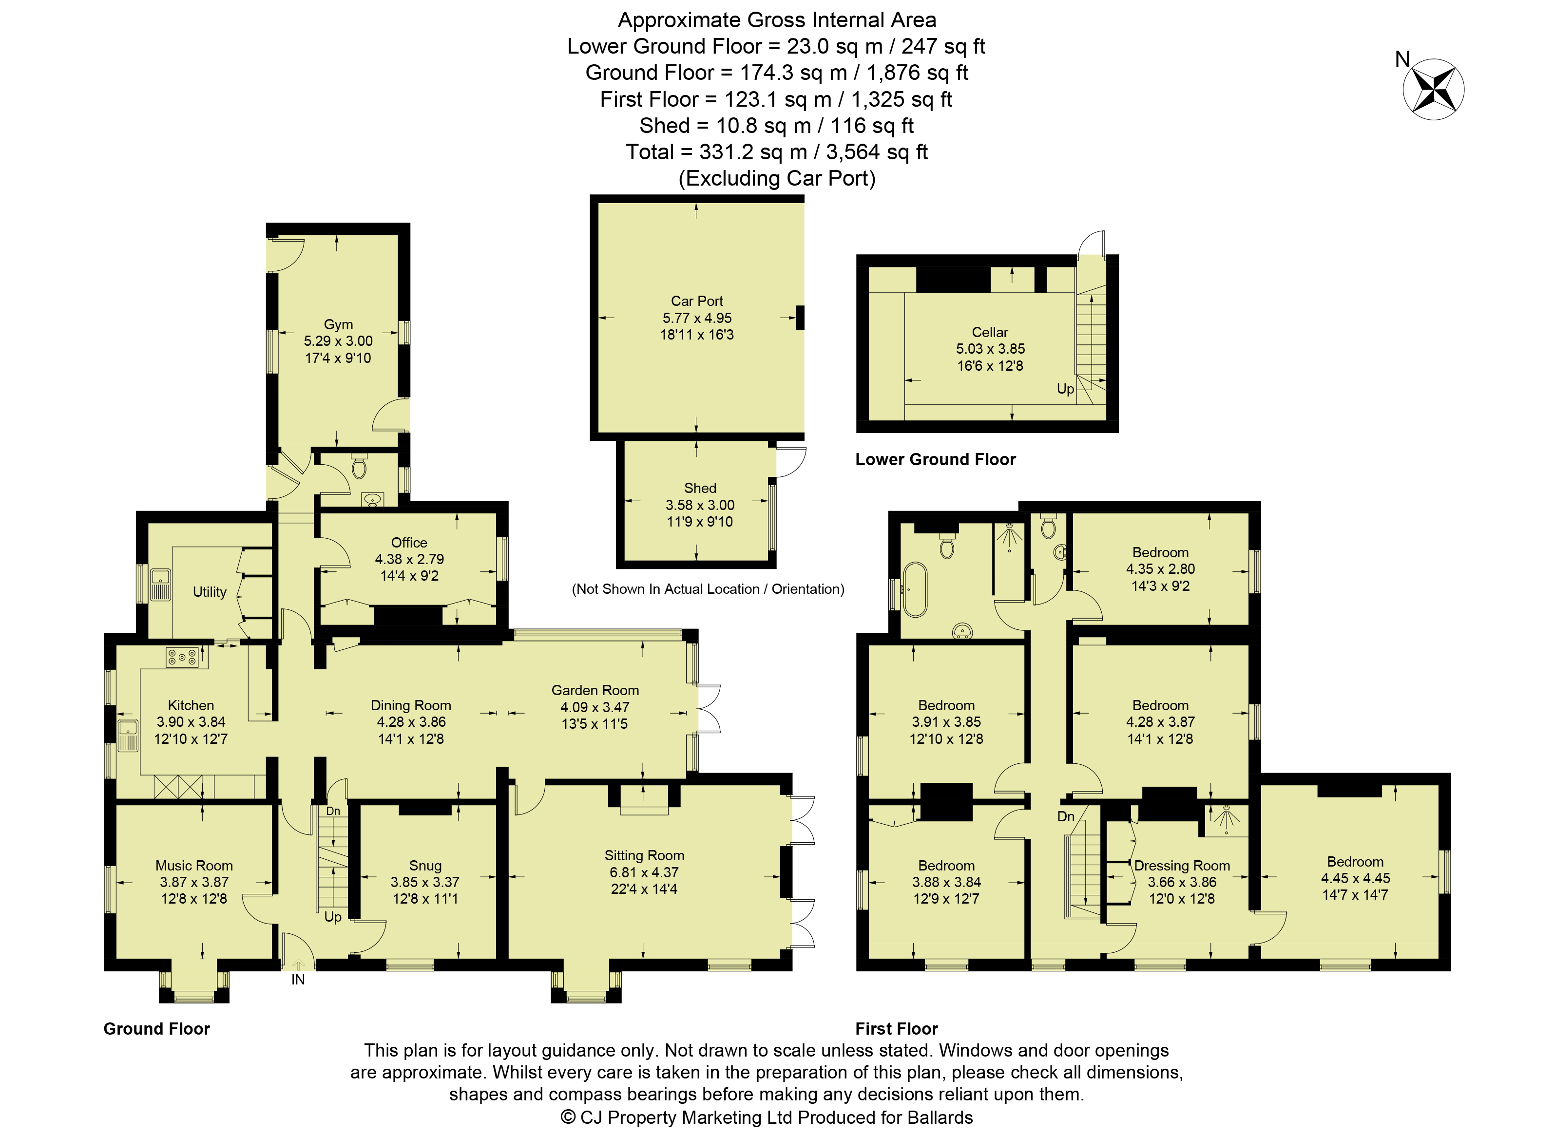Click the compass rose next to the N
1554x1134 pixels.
pyautogui.click(x=1433, y=89)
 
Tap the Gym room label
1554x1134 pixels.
pyautogui.click(x=338, y=324)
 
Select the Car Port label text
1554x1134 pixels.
pyautogui.click(x=696, y=301)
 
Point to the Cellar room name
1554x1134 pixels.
pyautogui.click(x=990, y=332)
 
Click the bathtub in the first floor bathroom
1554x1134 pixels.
pyautogui.click(x=914, y=590)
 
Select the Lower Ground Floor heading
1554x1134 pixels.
pyautogui.click(x=935, y=459)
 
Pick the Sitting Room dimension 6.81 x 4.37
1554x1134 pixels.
pyautogui.click(x=644, y=872)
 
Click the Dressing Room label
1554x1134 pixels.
pyautogui.click(x=1182, y=866)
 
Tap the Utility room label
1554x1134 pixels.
pyautogui.click(x=210, y=592)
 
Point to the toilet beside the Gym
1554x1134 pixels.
pyautogui.click(x=359, y=466)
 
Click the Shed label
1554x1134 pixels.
pyautogui.click(x=700, y=488)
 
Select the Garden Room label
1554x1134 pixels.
pyautogui.click(x=595, y=690)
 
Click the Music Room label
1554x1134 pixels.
pyautogui.click(x=193, y=866)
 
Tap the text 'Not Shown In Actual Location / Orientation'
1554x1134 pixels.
pyautogui.click(x=708, y=589)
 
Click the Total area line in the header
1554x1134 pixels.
pyautogui.click(x=777, y=151)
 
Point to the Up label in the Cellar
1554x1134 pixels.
pyautogui.click(x=1065, y=389)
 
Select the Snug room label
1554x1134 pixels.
pyautogui.click(x=425, y=866)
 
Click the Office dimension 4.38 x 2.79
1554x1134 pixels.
pyautogui.click(x=409, y=559)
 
